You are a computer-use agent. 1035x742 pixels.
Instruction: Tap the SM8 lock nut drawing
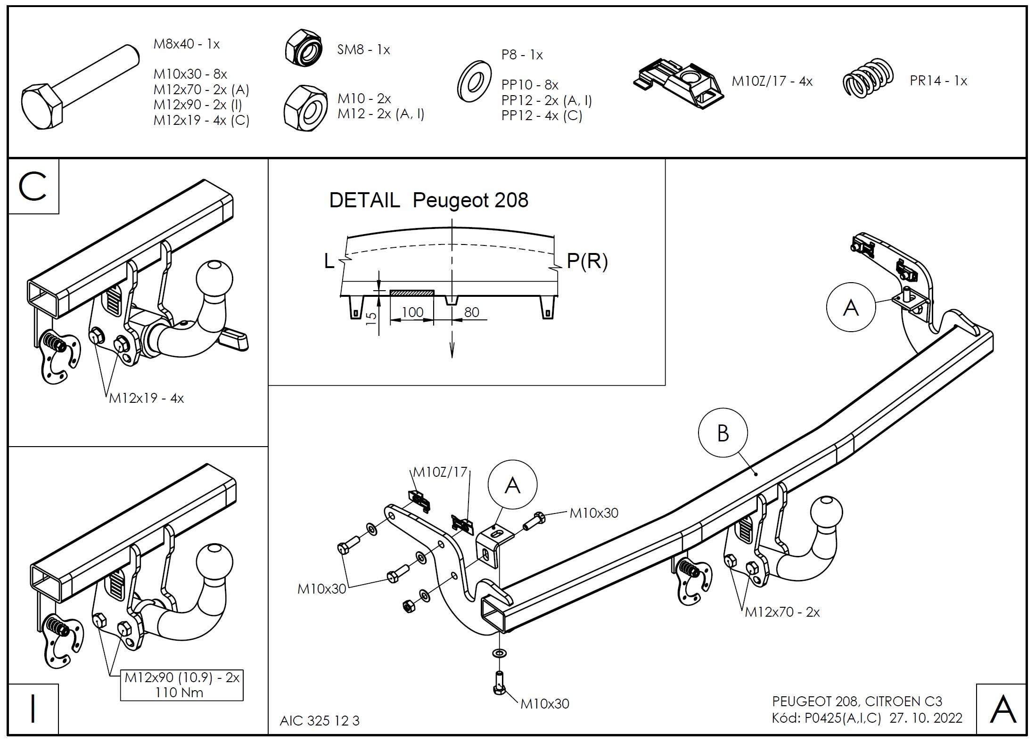pos(304,47)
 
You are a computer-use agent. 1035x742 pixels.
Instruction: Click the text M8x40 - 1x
pos(187,44)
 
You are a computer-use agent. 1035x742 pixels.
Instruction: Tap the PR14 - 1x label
pos(938,81)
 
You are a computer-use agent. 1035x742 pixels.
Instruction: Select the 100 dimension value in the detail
pos(412,312)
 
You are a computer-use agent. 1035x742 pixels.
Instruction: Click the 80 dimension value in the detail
pos(471,312)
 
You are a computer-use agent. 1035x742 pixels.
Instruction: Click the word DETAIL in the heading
pos(364,200)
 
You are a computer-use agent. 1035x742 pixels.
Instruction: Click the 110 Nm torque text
pos(179,692)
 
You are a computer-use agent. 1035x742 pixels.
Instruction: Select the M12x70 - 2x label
pos(782,612)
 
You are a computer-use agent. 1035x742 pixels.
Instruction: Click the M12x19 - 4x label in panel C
pos(146,399)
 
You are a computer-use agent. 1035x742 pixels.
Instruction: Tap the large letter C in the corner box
pos(33,187)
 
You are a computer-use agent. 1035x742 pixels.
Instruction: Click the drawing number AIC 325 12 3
pos(319,721)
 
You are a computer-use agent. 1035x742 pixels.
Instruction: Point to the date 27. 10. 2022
pos(926,718)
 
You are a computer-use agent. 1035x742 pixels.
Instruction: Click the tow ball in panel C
pos(214,278)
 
